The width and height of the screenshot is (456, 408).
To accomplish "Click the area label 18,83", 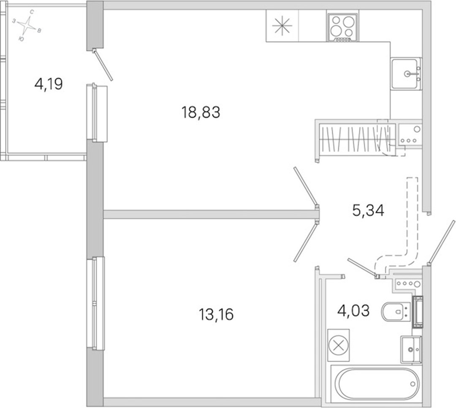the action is [201, 113].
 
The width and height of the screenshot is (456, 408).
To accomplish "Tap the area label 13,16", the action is [216, 314].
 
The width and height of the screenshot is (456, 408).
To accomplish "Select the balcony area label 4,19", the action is [49, 84].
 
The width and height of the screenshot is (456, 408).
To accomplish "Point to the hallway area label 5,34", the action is [368, 210].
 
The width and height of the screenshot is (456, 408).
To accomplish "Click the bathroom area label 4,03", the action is [353, 311].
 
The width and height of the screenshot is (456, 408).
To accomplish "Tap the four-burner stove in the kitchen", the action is [342, 27].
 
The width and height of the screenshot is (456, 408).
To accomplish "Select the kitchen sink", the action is [406, 74].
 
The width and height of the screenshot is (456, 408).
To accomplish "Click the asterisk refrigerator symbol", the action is [282, 26].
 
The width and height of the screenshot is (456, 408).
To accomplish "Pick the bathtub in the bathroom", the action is [377, 384].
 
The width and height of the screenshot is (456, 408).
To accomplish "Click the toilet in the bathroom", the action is [396, 311].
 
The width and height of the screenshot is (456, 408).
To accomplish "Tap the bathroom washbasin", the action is [411, 350].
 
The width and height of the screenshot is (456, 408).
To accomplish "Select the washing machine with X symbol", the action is [339, 345].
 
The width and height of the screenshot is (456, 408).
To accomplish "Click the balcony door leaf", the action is [103, 65].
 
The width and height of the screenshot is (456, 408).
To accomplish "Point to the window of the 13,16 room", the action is [96, 303].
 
